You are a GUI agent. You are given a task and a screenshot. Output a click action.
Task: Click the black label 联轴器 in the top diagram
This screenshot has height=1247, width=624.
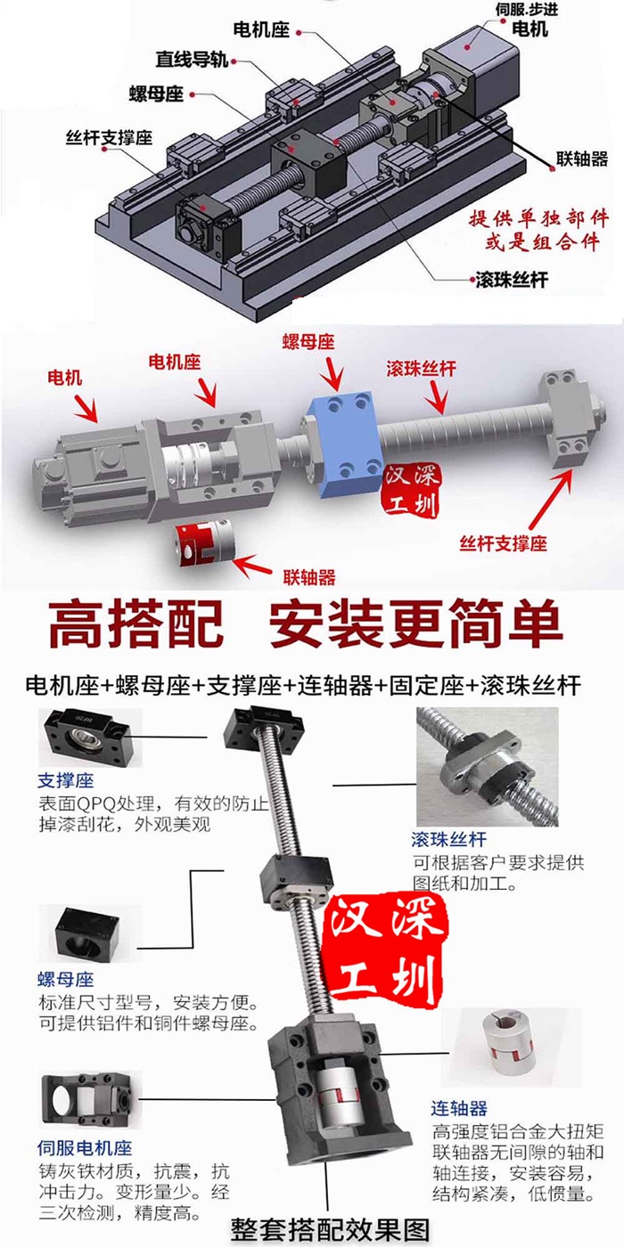pos(581,159)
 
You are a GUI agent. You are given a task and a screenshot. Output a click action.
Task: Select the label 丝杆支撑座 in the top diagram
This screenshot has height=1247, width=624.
pos(109,137)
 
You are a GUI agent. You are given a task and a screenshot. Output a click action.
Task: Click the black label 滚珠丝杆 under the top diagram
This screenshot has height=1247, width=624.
pos(512,280)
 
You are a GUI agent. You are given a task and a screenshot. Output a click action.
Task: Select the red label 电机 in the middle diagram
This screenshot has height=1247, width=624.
pos(64,378)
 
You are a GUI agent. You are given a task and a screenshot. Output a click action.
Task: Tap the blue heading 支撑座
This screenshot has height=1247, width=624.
pos(66,780)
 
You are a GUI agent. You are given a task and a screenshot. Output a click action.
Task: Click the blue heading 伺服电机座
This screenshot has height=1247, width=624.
pos(85,1148)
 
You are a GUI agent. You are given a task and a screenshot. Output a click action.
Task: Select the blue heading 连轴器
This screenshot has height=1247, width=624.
pos(459,1108)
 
